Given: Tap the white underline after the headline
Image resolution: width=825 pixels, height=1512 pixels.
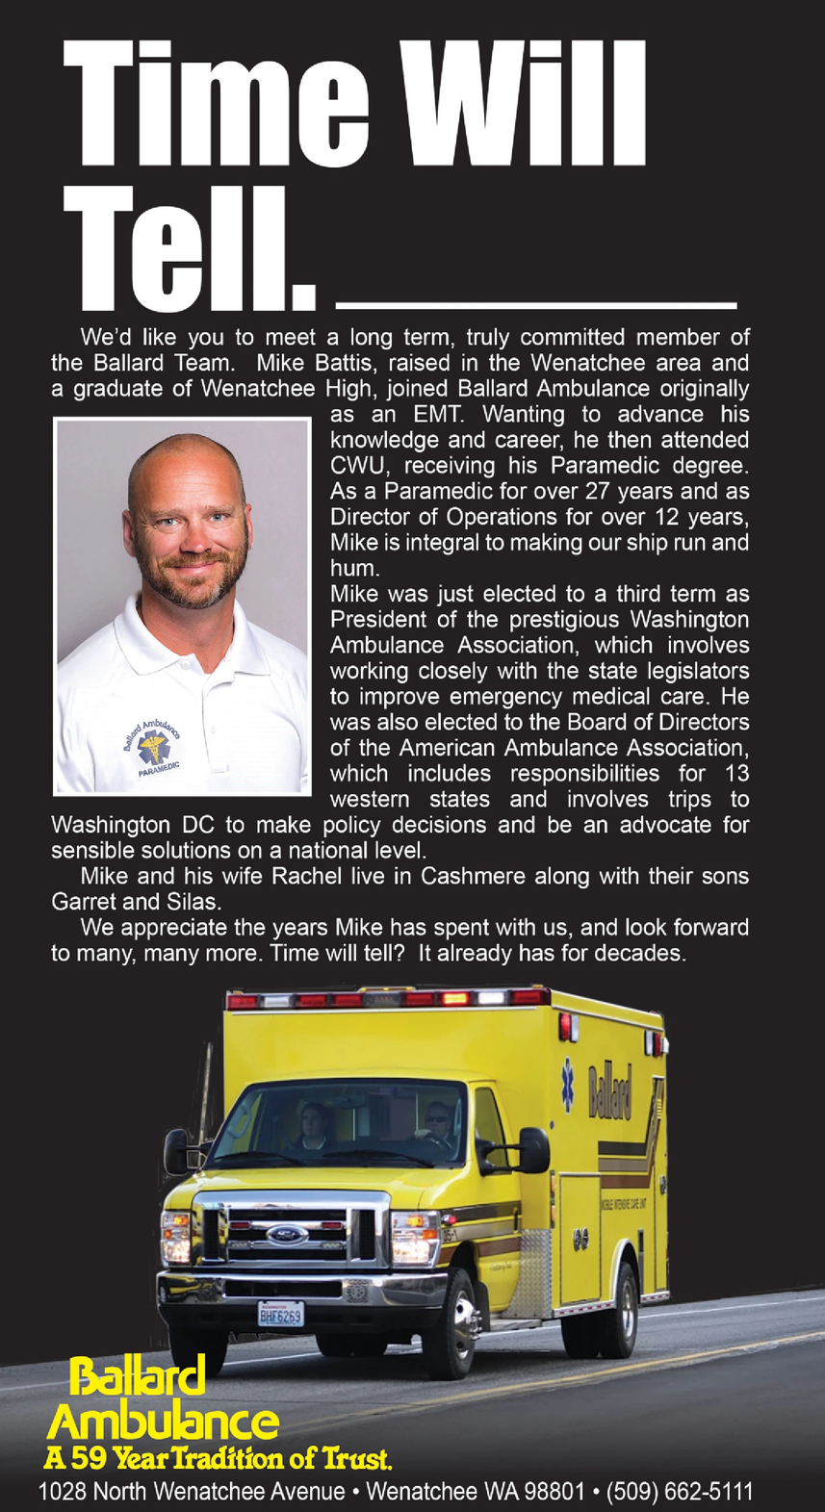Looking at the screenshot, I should pyautogui.click(x=536, y=305).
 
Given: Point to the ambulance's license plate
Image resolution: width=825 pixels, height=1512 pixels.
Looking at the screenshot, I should pyautogui.click(x=280, y=1315).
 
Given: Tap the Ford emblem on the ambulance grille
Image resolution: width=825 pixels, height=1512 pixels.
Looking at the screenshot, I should pyautogui.click(x=286, y=1235).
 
